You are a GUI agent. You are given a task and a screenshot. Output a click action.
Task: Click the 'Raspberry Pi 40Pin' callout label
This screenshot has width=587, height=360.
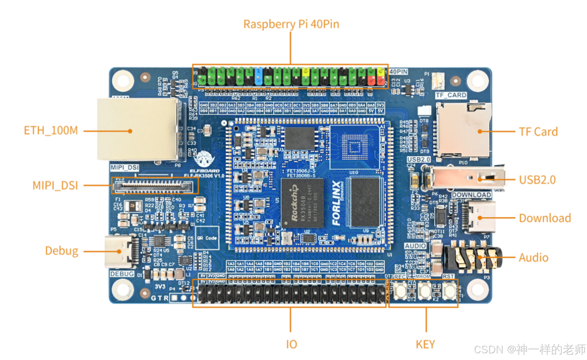click(x=291, y=24)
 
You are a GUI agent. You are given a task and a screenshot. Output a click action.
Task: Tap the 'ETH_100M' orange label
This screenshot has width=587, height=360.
click(x=51, y=130)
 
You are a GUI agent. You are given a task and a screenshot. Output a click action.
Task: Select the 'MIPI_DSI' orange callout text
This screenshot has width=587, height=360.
click(x=55, y=185)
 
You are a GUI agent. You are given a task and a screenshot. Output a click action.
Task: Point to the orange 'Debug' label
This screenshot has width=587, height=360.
click(x=62, y=251)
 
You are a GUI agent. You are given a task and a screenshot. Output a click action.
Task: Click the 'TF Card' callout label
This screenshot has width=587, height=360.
click(x=538, y=132)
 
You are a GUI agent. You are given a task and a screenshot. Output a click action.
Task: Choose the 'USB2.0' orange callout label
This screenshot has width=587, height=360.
click(x=537, y=180)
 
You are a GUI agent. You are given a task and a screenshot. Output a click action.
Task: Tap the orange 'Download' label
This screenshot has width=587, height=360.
click(x=545, y=218)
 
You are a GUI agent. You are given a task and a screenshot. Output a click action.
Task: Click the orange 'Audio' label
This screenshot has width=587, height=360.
click(x=533, y=257)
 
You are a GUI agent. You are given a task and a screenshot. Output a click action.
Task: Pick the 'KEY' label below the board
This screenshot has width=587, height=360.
click(x=425, y=344)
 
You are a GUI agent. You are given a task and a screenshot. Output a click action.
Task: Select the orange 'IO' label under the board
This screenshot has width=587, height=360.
click(x=291, y=344)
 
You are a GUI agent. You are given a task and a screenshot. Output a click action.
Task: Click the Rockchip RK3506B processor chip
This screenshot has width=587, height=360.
click(x=302, y=203)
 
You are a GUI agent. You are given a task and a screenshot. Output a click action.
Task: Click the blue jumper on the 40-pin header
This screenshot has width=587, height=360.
click(x=258, y=76)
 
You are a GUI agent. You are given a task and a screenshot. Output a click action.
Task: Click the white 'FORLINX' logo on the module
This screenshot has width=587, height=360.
click(x=336, y=203)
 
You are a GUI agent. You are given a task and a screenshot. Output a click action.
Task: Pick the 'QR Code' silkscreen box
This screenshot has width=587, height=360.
click(x=207, y=238)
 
